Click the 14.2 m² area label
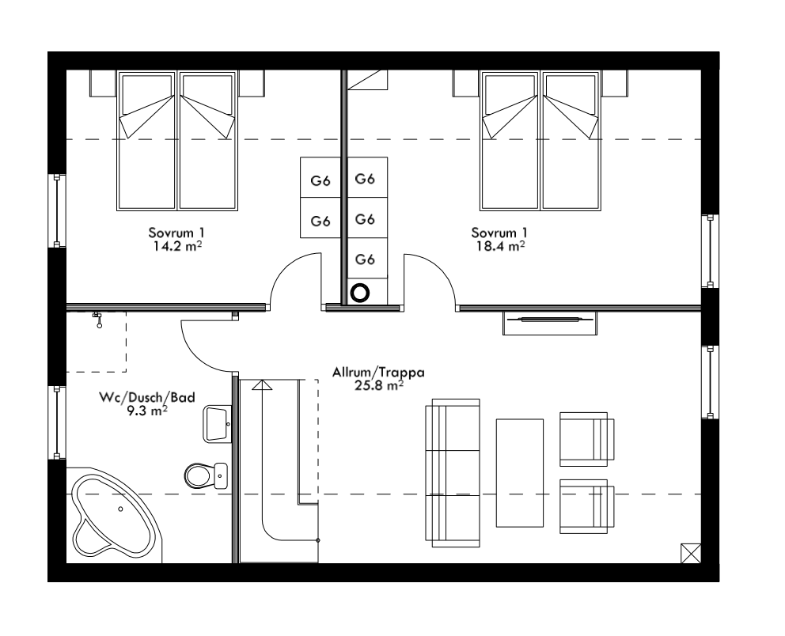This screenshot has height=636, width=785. click(x=177, y=246)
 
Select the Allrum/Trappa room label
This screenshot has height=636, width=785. click(x=367, y=371)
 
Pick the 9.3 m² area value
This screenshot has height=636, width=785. click(x=149, y=411)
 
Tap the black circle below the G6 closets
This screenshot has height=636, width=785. click(x=360, y=293)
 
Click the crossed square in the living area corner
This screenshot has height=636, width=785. click(x=690, y=552)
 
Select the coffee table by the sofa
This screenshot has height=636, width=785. click(x=519, y=472)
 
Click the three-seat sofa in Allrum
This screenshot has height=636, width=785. click(x=453, y=472)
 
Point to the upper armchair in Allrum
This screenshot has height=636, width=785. click(x=586, y=438)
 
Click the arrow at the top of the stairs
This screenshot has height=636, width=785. click(x=262, y=386)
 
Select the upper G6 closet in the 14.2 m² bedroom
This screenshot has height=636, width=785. click(x=320, y=180)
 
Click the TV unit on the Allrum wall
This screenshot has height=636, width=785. click(x=551, y=323)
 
